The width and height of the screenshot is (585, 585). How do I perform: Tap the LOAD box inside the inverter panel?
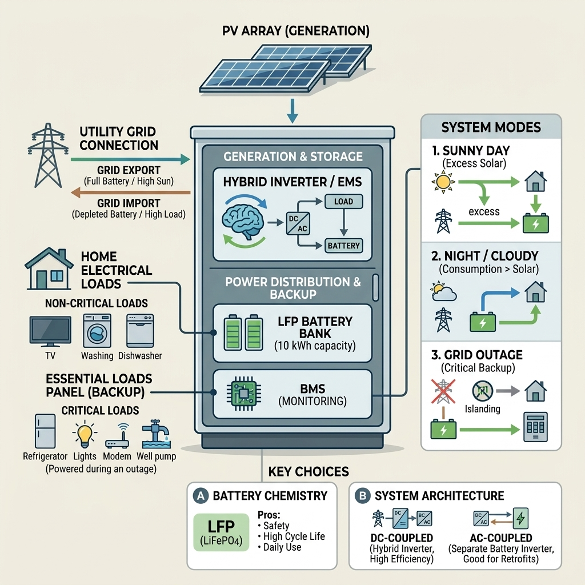pos(343,201)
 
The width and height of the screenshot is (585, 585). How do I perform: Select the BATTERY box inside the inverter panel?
pos(343,246)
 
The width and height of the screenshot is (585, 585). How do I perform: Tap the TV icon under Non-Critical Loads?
pos(50,331)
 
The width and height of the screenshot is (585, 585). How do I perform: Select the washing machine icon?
pos(97,331)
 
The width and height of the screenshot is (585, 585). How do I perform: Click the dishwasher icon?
pos(140,331)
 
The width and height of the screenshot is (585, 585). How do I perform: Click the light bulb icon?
pos(85,434)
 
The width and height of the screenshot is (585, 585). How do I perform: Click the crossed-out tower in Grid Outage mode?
pos(443,391)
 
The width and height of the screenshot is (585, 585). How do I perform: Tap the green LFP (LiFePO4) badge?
pos(221,531)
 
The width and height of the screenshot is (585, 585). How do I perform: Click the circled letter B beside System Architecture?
pos(362,496)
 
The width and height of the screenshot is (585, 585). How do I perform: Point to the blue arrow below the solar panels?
pos(292,111)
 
